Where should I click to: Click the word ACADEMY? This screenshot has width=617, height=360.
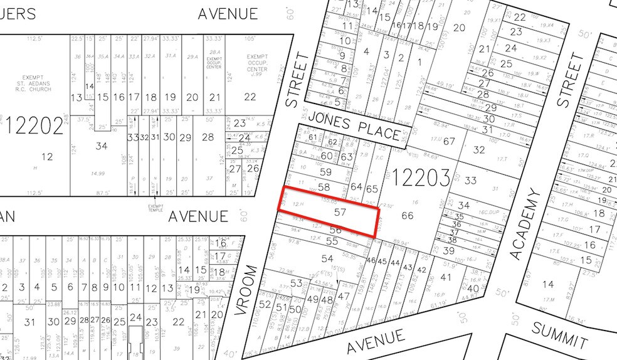525,225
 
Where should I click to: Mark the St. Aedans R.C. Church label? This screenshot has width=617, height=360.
35,86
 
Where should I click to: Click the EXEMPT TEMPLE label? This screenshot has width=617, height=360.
155,208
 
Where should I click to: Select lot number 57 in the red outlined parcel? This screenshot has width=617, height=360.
340,213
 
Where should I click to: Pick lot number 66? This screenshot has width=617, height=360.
408,216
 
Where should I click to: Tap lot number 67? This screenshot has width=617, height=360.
449,141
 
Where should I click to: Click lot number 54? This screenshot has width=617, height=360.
327,258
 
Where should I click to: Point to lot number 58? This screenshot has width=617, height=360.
324,187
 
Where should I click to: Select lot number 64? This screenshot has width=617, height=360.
357,186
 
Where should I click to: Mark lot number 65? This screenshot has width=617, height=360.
372,188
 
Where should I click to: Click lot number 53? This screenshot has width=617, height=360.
296,283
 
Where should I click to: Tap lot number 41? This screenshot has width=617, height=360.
446,277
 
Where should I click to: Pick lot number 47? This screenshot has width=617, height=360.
343,295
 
